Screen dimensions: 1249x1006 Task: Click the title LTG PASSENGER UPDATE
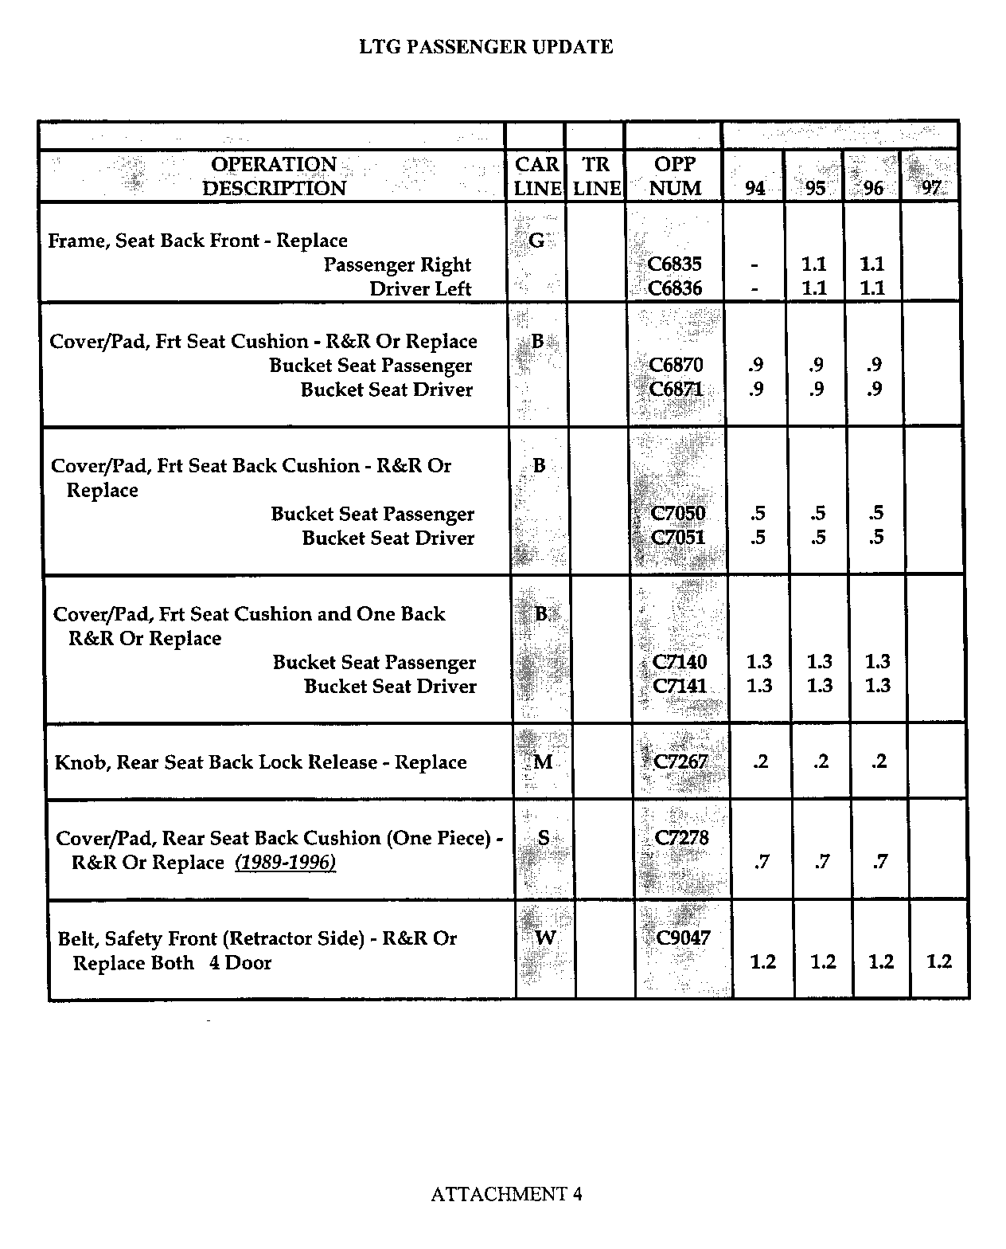[485, 47]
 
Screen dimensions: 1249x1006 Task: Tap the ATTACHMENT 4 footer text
[506, 1193]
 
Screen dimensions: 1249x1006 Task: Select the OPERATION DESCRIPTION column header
[274, 176]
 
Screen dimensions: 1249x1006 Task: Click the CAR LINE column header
[537, 176]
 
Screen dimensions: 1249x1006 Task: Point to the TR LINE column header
[596, 176]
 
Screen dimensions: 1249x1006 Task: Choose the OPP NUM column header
[675, 176]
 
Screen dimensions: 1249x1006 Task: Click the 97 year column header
[930, 188]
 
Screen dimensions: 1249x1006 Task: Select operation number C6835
[675, 264]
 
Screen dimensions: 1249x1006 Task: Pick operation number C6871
[676, 390]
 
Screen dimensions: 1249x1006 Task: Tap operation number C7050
[678, 514]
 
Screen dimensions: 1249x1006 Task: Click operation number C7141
[680, 686]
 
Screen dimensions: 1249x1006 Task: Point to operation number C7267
[680, 762]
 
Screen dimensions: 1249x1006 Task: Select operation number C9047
[683, 938]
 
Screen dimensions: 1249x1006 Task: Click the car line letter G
[536, 240]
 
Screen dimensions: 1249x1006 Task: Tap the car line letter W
[545, 938]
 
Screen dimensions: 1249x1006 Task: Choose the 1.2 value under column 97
[939, 961]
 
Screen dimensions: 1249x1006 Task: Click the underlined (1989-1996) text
[285, 863]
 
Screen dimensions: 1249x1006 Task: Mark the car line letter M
[543, 762]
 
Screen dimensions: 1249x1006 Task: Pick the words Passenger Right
[397, 264]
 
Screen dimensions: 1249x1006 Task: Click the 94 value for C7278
[762, 862]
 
